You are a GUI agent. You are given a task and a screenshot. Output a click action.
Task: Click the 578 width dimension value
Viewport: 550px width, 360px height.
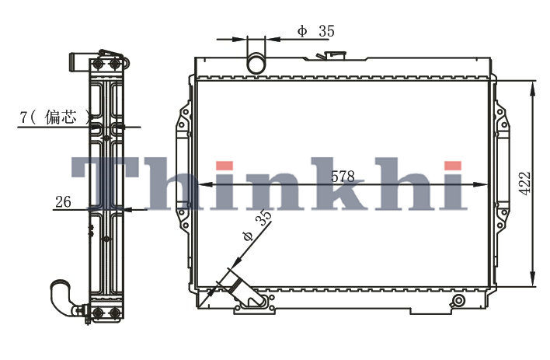click(343, 177)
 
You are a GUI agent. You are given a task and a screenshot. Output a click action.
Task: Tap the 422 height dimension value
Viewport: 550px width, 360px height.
click(524, 183)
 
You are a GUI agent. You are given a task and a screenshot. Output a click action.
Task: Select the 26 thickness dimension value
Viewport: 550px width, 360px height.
click(63, 202)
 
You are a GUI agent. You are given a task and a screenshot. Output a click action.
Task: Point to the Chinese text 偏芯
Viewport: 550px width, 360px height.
click(60, 117)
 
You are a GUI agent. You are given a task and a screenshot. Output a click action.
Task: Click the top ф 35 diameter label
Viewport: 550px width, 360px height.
click(316, 31)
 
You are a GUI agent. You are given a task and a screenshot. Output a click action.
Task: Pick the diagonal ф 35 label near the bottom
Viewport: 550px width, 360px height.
click(257, 225)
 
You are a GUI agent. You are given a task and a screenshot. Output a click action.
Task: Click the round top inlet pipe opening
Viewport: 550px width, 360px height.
click(256, 63)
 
